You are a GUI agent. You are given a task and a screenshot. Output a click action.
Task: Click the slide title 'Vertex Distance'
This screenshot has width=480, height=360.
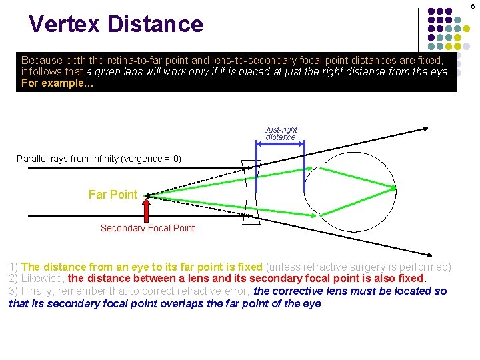115,25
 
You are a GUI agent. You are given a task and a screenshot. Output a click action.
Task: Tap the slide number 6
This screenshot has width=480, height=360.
473,6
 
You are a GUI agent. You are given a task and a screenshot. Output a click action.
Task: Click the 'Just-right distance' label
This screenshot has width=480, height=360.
281,133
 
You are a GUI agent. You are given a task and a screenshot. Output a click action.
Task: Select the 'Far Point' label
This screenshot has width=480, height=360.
113,195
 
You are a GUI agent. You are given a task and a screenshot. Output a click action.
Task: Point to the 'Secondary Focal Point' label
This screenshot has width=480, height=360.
147,228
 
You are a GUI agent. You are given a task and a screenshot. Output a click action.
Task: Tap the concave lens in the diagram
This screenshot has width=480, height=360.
251,189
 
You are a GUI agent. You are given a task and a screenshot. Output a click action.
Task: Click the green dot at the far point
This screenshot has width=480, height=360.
147,196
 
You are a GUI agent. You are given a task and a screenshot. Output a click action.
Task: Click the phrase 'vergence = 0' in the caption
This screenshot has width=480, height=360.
151,159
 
